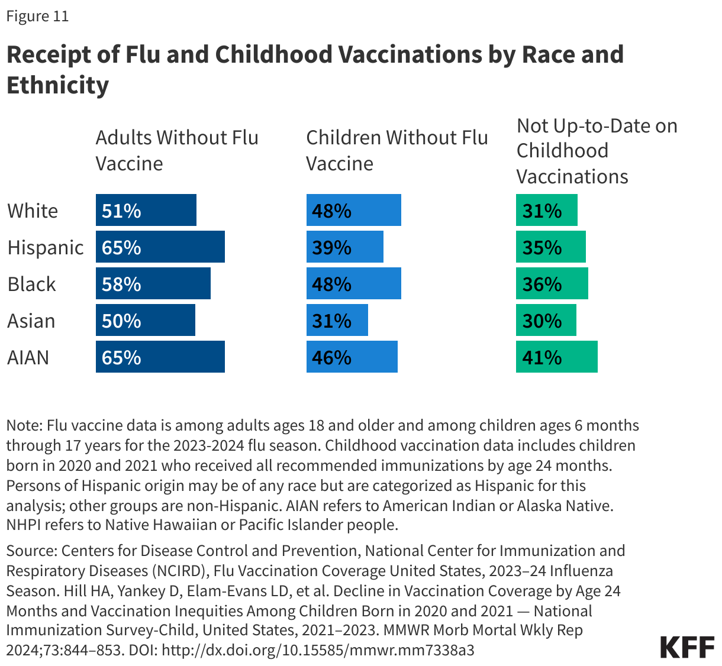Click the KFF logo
click(x=687, y=648)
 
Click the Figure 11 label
click(x=37, y=16)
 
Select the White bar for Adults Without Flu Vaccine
click(x=146, y=210)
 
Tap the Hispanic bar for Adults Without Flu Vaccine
click(x=160, y=247)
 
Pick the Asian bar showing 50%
click(x=145, y=320)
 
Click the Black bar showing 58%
click(x=153, y=283)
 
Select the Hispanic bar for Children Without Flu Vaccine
click(x=344, y=247)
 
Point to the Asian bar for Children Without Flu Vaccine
click(x=337, y=320)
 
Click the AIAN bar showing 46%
click(x=352, y=357)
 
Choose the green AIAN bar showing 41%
click(x=556, y=357)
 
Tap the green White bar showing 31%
click(x=546, y=210)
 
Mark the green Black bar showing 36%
click(x=552, y=283)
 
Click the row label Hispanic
click(x=46, y=247)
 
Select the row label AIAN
click(x=28, y=357)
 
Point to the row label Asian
click(x=31, y=321)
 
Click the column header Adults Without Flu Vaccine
click(x=177, y=150)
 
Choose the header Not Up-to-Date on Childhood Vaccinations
click(x=597, y=151)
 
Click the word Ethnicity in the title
click(x=58, y=85)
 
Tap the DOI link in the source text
click(x=318, y=650)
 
